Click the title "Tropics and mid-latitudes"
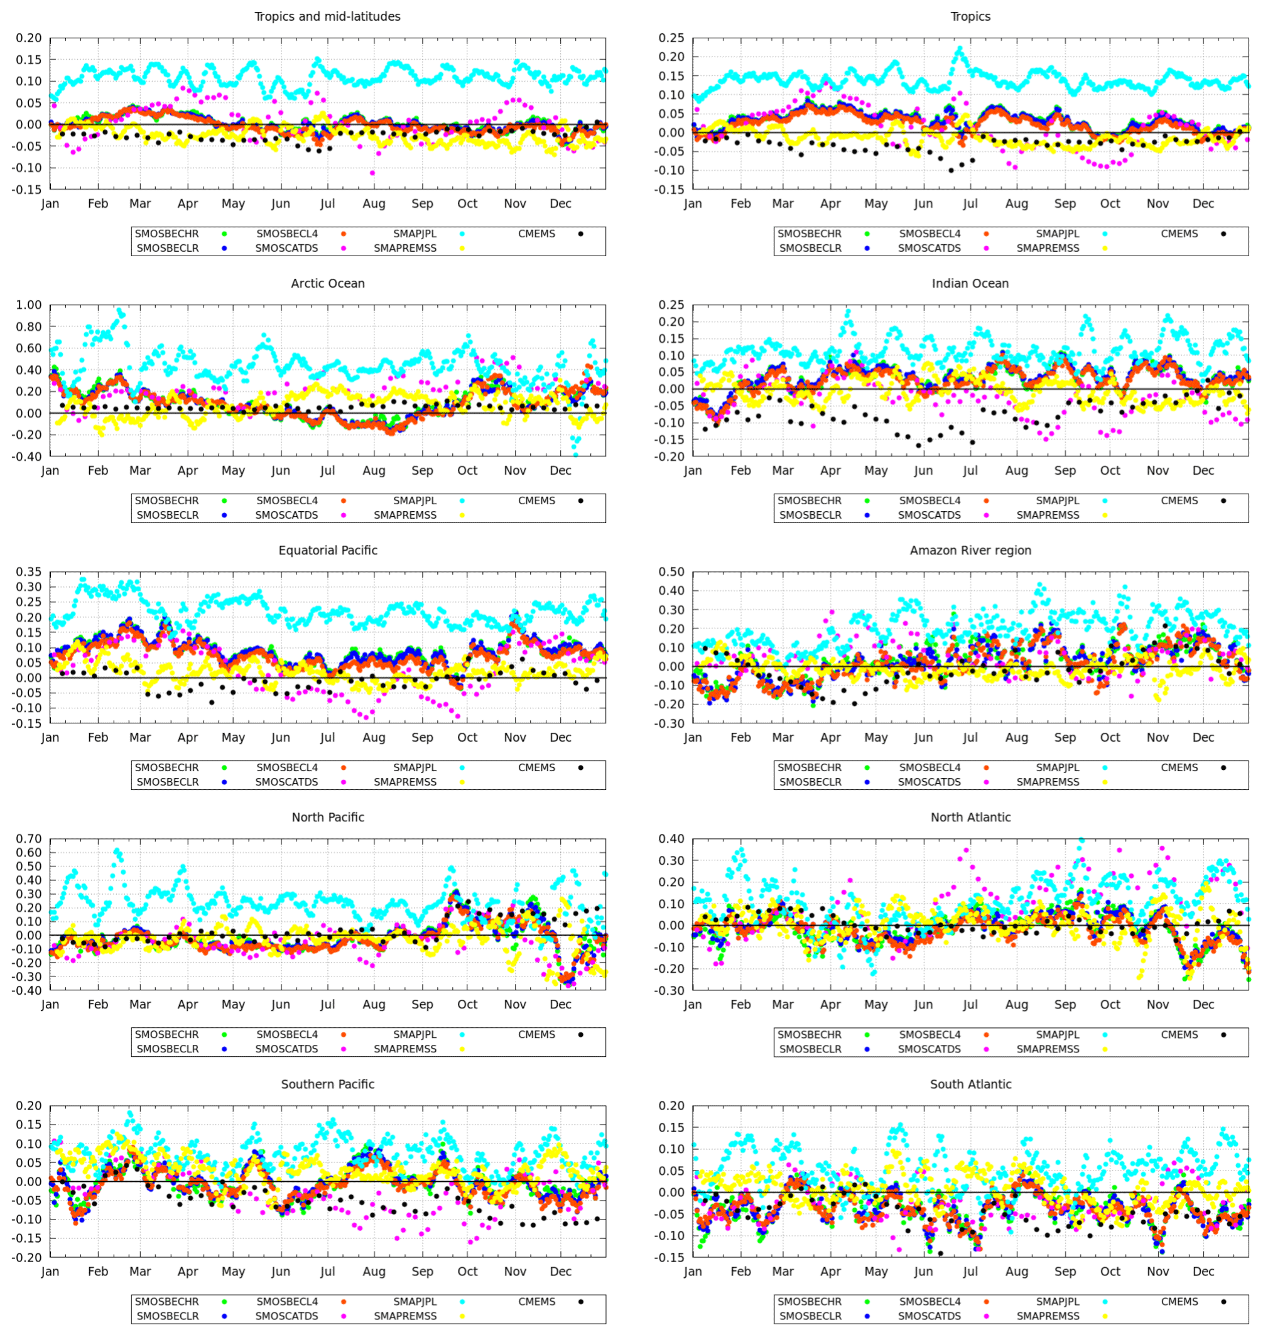click(327, 16)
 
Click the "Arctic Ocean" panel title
click(327, 283)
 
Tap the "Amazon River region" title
click(970, 550)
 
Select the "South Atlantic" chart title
click(970, 1084)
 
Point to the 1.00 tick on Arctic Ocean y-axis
click(28, 305)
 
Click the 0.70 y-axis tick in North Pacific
click(28, 839)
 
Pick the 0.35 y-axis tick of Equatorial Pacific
click(28, 571)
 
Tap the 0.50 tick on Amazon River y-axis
click(671, 571)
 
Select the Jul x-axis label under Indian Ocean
click(970, 470)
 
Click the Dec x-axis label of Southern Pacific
click(560, 1271)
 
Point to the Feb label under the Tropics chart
click(740, 203)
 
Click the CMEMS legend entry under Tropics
click(1179, 234)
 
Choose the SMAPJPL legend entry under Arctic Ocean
click(415, 500)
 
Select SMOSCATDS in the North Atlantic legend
click(929, 1048)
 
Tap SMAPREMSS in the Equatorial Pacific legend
click(404, 782)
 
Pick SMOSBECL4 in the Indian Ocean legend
click(929, 500)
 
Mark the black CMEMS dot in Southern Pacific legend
click(580, 1301)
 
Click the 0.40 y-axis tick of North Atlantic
click(671, 839)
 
